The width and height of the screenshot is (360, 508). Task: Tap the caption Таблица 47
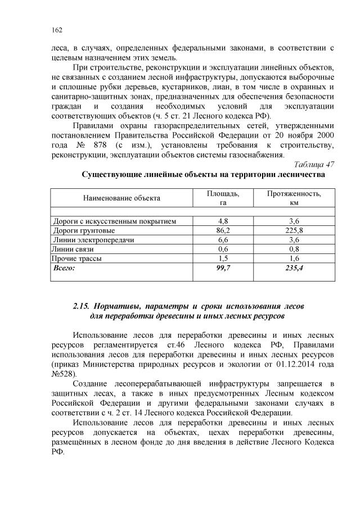pos(314,164)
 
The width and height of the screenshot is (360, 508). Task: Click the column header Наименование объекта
pos(122,198)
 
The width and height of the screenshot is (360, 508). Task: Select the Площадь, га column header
pos(223,198)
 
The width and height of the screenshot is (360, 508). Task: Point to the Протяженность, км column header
pos(294,198)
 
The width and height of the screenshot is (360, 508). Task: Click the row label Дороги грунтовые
pos(84,230)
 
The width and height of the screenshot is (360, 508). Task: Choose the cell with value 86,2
pos(223,230)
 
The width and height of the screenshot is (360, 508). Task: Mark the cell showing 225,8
pos(294,230)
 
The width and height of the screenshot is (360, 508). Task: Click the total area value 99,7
pos(223,268)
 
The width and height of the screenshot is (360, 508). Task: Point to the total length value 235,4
pos(294,268)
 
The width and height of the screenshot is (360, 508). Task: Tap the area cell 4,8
pos(223,221)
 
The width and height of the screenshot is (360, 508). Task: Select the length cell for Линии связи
pos(294,248)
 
